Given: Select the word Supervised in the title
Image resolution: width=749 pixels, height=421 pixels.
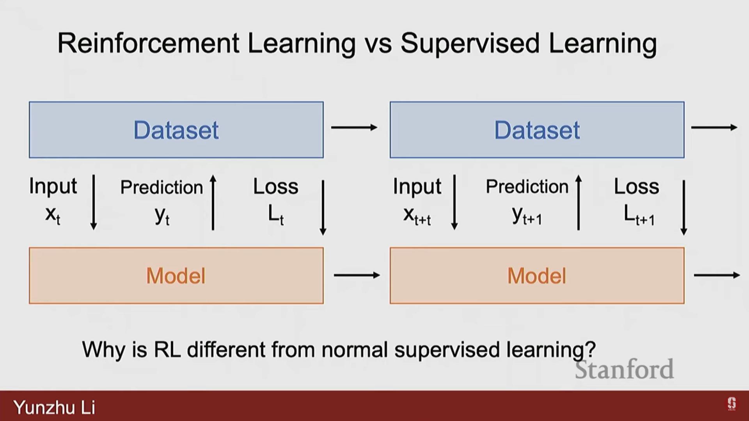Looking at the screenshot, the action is click(470, 44).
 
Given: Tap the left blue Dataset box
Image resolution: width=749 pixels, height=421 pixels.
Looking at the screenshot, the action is click(176, 130).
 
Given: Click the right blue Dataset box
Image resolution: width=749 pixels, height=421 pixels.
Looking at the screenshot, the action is click(537, 130).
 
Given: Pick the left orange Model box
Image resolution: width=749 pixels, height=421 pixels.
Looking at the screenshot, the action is click(176, 276).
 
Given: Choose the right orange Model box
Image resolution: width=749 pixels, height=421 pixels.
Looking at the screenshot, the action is click(537, 276).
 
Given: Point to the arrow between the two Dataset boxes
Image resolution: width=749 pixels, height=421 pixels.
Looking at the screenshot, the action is click(354, 127).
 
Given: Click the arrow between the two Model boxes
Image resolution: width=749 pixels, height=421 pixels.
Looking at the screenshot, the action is click(357, 275).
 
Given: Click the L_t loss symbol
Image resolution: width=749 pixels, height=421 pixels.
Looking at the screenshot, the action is click(276, 215).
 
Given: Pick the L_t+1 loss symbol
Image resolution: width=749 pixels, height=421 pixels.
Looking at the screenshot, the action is click(639, 215).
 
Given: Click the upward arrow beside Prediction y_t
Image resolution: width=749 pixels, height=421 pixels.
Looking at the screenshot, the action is click(213, 202).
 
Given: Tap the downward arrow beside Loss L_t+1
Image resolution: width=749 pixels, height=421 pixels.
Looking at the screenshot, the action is click(684, 207).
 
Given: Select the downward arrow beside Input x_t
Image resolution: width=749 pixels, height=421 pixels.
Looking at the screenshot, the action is click(94, 202).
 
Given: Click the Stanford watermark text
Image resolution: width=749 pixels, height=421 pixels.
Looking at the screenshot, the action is click(624, 370).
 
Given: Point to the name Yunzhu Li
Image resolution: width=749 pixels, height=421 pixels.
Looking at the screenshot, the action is click(54, 407).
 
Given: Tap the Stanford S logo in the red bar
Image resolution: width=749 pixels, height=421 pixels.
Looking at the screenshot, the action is click(731, 404).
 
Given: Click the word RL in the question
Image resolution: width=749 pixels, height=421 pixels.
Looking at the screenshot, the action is click(167, 349).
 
